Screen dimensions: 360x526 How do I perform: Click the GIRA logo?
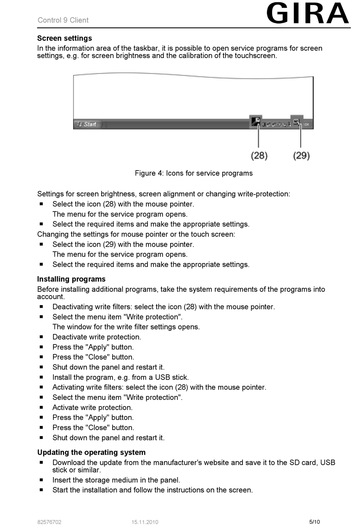point(307,14)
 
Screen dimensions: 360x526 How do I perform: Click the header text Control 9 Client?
point(63,20)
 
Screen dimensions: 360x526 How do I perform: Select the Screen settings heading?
point(64,38)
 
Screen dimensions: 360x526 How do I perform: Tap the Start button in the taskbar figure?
point(88,124)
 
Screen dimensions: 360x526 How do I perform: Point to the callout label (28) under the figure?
point(259,155)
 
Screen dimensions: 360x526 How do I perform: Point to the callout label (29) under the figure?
point(301,155)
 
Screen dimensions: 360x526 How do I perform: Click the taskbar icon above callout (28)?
point(256,122)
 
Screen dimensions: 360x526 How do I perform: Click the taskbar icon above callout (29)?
point(297,122)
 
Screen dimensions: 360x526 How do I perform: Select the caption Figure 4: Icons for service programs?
point(194,173)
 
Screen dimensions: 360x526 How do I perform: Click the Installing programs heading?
point(71,279)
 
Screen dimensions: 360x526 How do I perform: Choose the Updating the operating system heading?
point(91,452)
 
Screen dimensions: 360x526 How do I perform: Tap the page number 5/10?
point(315,522)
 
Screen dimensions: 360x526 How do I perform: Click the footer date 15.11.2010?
point(145,522)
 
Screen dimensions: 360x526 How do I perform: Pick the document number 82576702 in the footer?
point(49,522)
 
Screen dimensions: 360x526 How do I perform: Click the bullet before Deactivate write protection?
point(41,337)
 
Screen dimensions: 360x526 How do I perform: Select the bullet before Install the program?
point(41,377)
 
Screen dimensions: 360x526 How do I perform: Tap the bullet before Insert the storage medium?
point(41,480)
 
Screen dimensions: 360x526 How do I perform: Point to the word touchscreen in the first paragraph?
point(255,56)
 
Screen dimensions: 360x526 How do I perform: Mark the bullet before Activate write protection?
point(41,407)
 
